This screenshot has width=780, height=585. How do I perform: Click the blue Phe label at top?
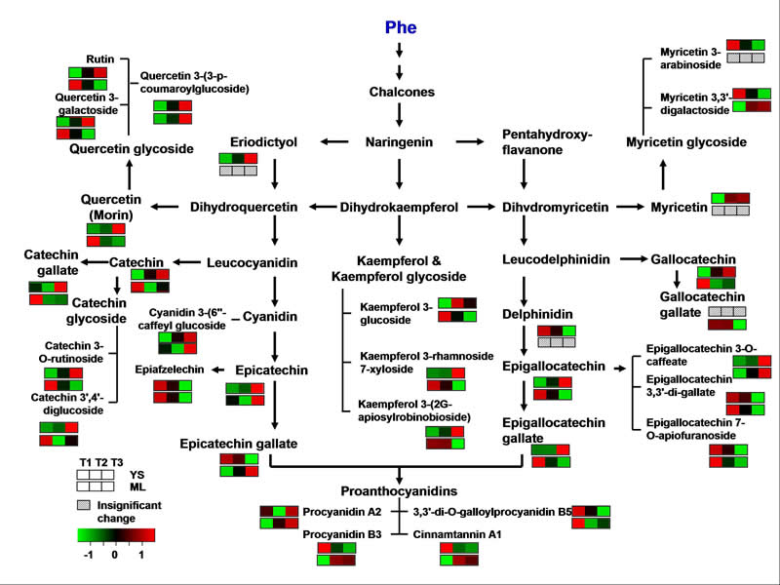(399, 27)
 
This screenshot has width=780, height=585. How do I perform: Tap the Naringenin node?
(399, 141)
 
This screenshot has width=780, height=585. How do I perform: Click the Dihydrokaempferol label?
(399, 207)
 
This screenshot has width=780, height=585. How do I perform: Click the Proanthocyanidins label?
(399, 491)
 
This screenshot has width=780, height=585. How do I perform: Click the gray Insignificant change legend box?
(83, 505)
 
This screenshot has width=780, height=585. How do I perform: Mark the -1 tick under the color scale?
(86, 552)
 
